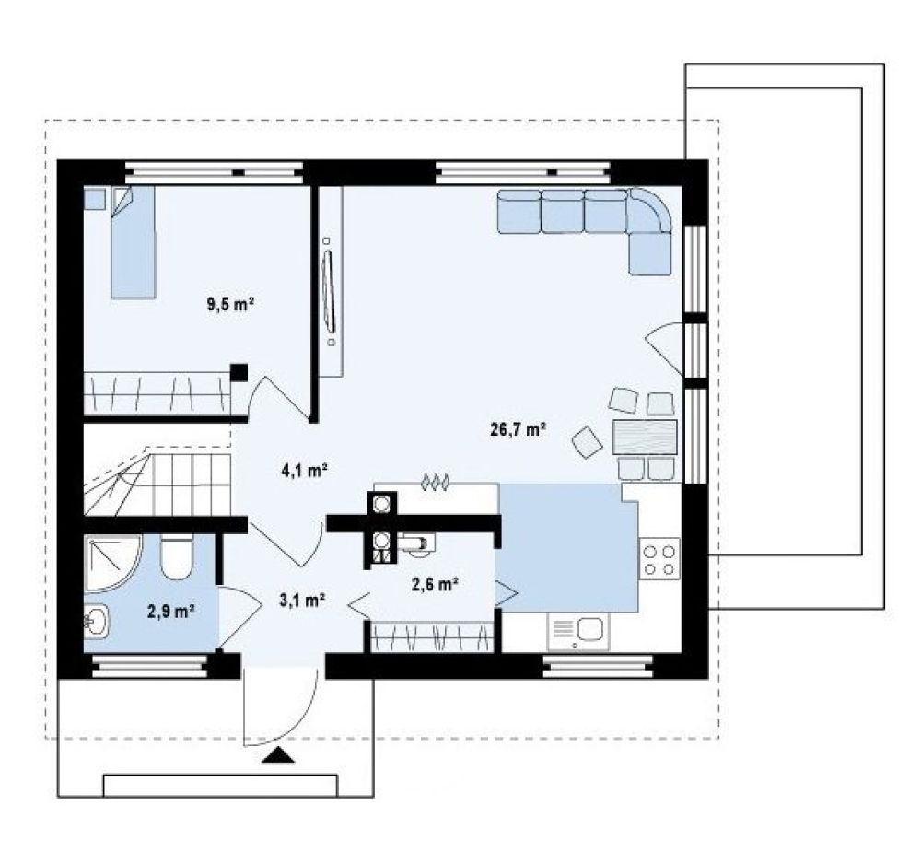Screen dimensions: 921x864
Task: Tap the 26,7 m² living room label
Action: [519, 429]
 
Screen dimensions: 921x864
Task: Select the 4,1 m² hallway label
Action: [304, 470]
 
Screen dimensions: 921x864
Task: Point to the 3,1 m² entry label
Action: [302, 600]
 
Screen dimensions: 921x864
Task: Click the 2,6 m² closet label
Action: [435, 584]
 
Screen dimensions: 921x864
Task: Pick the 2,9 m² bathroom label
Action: [171, 612]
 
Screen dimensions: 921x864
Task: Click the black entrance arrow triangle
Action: [278, 755]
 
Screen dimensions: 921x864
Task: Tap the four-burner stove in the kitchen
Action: [659, 559]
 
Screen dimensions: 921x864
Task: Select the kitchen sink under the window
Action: [578, 631]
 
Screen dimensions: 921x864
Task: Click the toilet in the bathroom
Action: [176, 556]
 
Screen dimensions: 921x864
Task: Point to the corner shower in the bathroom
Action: [111, 563]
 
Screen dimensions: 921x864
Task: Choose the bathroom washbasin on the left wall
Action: [97, 622]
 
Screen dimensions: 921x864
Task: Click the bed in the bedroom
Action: [134, 242]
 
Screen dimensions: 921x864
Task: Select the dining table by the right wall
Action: [645, 437]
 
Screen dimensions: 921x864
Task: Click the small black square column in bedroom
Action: [239, 372]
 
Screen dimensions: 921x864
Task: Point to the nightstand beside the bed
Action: [95, 198]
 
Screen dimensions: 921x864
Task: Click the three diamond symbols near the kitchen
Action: [436, 483]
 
